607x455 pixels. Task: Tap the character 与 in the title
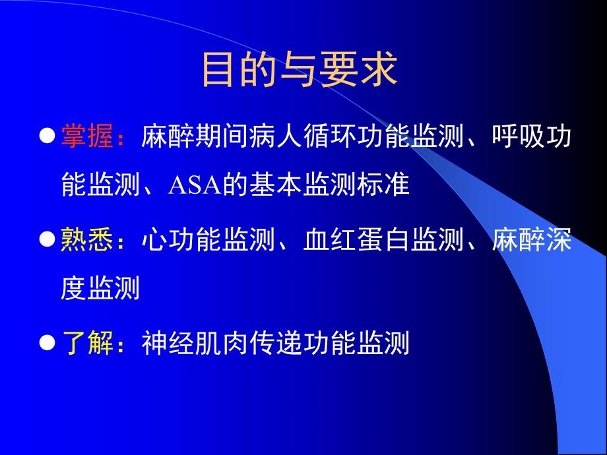click(x=300, y=71)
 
